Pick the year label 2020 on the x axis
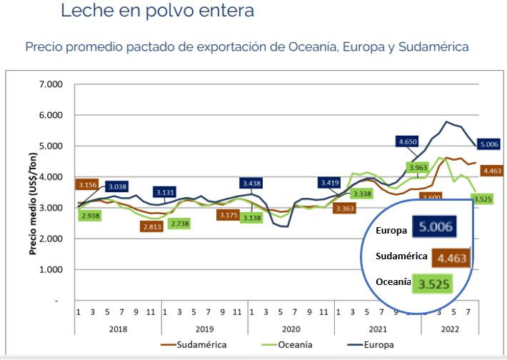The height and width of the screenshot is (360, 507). [291, 328]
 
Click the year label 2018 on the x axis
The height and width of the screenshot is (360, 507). [119, 328]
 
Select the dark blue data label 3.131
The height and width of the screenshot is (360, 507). [169, 192]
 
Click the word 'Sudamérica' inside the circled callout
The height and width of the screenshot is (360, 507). [401, 256]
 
